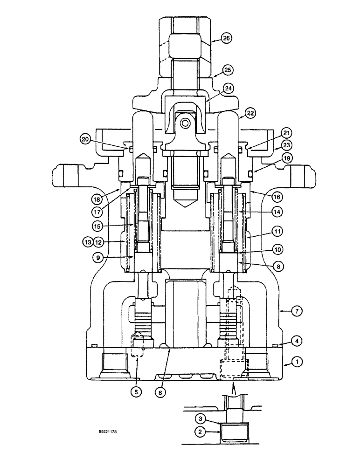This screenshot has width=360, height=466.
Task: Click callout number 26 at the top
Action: (x=227, y=39)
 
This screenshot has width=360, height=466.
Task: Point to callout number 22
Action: (x=251, y=113)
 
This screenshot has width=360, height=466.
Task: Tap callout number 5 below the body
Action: (x=136, y=392)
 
